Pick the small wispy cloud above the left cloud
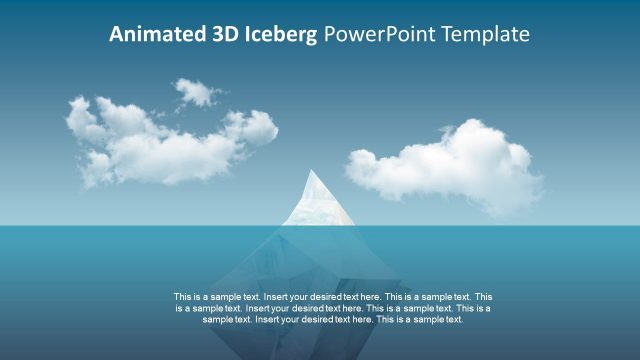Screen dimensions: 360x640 (199, 92)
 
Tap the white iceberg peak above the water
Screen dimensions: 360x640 (319, 200)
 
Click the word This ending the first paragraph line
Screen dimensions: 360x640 (483, 297)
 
